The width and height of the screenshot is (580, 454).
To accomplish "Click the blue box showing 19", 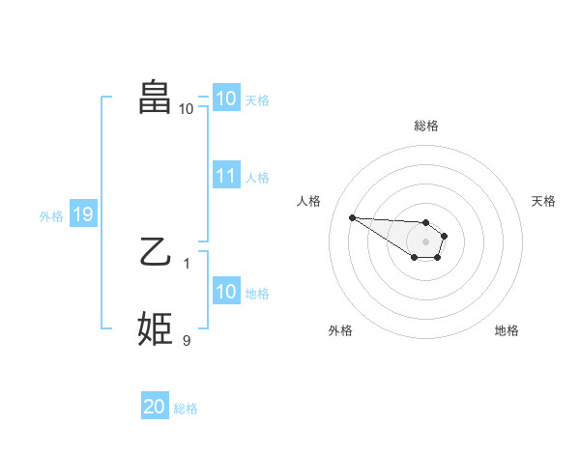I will click(x=82, y=214).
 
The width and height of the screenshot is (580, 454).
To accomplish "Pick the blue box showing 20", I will click(x=155, y=407).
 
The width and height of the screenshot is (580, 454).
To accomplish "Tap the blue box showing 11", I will click(x=226, y=176).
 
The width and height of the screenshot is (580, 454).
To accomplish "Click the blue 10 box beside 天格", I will click(x=226, y=99).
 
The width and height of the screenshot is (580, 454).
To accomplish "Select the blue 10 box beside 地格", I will click(x=226, y=292).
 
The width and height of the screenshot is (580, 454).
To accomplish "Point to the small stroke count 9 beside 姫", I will click(x=187, y=340).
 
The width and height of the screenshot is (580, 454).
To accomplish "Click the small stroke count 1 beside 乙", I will click(x=187, y=263).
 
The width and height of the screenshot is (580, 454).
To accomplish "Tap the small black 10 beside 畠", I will click(x=187, y=108).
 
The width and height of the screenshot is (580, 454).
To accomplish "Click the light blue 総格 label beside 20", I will click(x=186, y=409).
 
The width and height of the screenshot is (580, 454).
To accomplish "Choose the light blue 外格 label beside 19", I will click(x=51, y=216).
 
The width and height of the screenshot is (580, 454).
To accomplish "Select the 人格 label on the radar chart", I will click(x=309, y=201).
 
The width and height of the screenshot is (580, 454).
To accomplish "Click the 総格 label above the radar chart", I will click(x=426, y=126).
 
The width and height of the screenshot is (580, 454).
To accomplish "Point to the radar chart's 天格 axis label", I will click(x=544, y=201).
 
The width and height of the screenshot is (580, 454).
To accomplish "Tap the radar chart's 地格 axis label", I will click(x=507, y=330).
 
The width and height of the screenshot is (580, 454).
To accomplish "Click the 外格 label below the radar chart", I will click(x=340, y=330).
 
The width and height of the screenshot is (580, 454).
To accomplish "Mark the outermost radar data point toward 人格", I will click(x=352, y=217).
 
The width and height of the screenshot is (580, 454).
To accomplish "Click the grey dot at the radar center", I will click(x=426, y=241).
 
